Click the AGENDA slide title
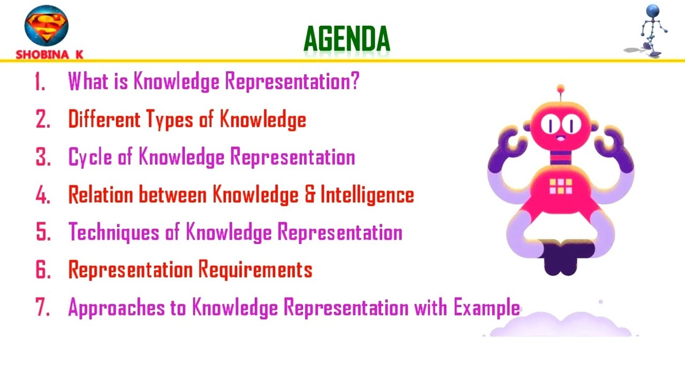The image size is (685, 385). point(347,39)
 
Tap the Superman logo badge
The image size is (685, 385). point(47,27)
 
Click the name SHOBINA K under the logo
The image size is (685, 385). point(49,55)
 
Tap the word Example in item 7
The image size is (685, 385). point(486,309)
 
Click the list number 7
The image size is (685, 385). point(42,309)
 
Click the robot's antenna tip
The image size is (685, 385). point(560,88)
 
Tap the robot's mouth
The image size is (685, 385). point(560,138)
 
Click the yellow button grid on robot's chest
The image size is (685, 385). point(560,186)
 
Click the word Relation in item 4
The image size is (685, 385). point(101,195)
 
